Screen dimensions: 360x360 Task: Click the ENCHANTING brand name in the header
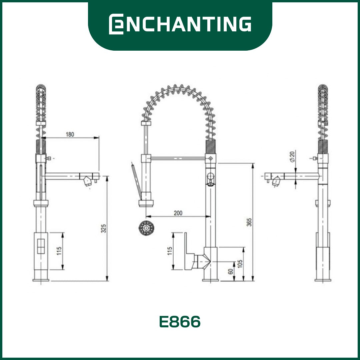[180, 24]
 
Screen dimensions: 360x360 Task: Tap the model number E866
[180, 322]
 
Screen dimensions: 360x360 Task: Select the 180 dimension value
[70, 134]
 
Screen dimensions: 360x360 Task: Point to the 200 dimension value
[178, 213]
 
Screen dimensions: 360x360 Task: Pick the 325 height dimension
[104, 228]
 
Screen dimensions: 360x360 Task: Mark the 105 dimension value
[240, 263]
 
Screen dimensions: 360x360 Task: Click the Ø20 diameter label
[292, 156]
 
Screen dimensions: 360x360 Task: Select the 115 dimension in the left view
[59, 251]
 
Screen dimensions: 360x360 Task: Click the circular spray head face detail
[145, 228]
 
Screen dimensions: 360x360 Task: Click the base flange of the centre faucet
[211, 280]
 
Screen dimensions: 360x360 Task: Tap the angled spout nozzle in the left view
[88, 181]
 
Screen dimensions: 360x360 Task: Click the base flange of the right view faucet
[323, 280]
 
